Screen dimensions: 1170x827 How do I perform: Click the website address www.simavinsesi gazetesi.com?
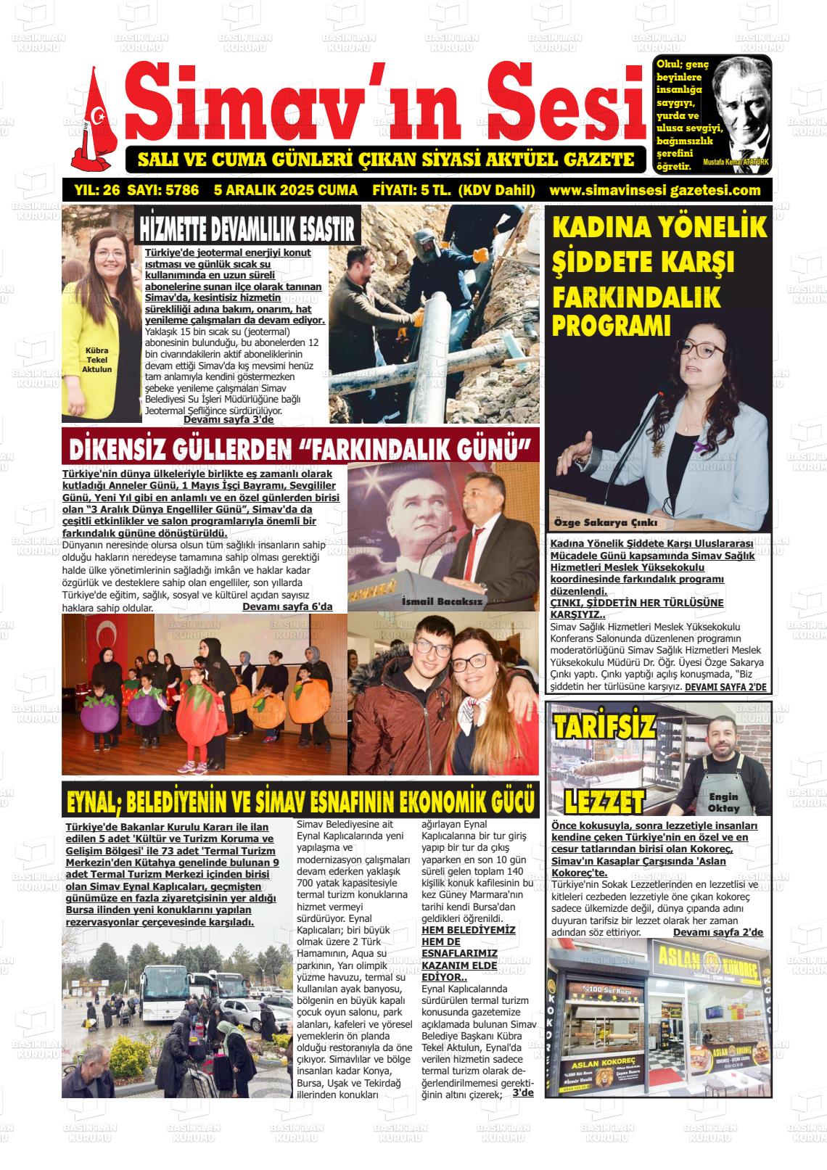click(655, 191)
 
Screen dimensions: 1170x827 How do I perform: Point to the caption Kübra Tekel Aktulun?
click(97, 359)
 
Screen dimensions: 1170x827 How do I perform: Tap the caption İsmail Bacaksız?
click(441, 601)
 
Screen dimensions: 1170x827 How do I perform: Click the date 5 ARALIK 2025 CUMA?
click(286, 191)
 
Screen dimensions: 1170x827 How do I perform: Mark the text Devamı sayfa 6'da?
click(287, 606)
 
